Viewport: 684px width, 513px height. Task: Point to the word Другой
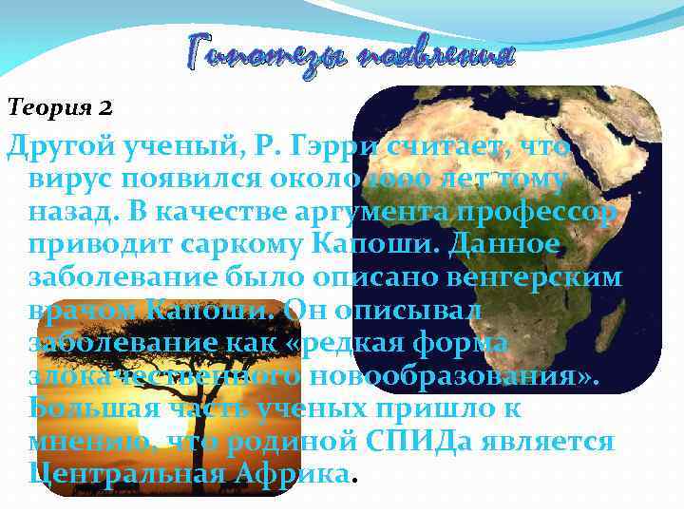(x=63, y=148)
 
